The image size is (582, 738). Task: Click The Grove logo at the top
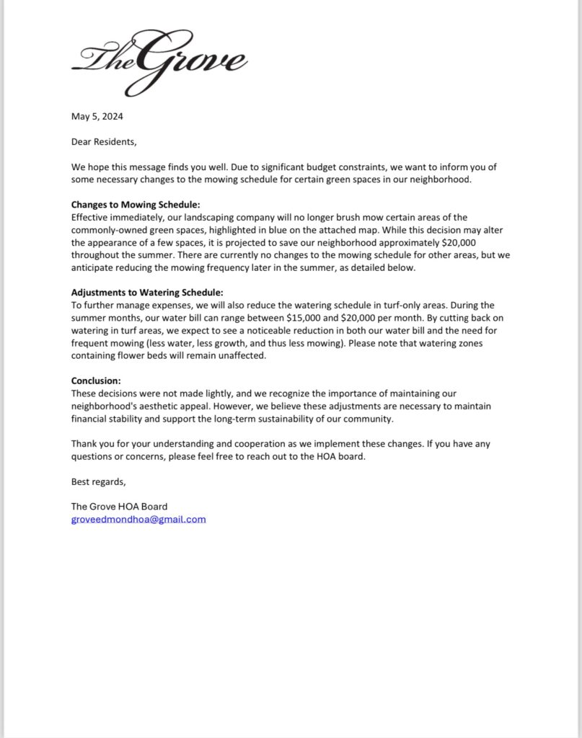coord(159,61)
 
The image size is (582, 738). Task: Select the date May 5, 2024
coord(102,116)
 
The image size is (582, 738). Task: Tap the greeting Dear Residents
coord(103,141)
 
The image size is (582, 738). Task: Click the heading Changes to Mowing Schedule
coord(136,204)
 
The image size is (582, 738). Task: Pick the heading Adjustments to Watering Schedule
coord(147,293)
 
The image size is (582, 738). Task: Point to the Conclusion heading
coord(96,381)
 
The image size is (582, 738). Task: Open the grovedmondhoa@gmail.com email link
coord(138,519)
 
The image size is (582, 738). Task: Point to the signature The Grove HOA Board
coord(119,507)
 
